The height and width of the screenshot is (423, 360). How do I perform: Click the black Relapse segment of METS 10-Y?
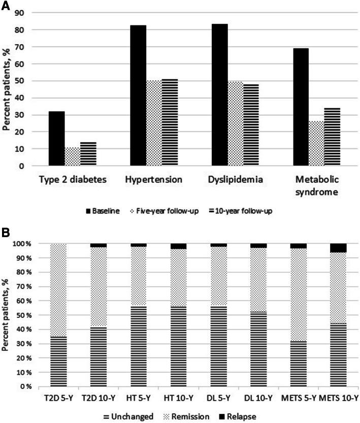(338, 248)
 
